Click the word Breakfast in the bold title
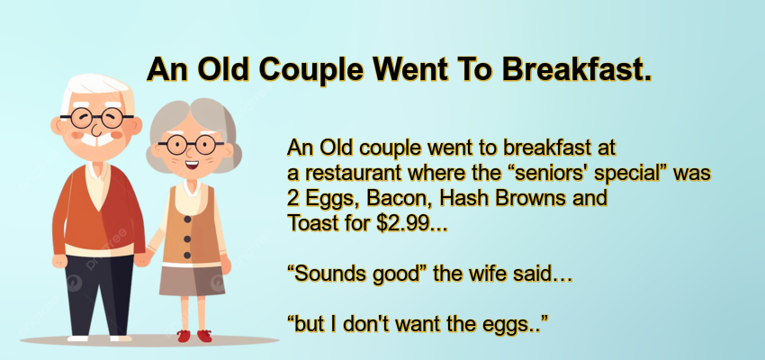pyautogui.click(x=577, y=70)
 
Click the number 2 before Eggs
pyautogui.click(x=292, y=198)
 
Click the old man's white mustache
pyautogui.click(x=96, y=139)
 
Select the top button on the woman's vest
pyautogui.click(x=187, y=220)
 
